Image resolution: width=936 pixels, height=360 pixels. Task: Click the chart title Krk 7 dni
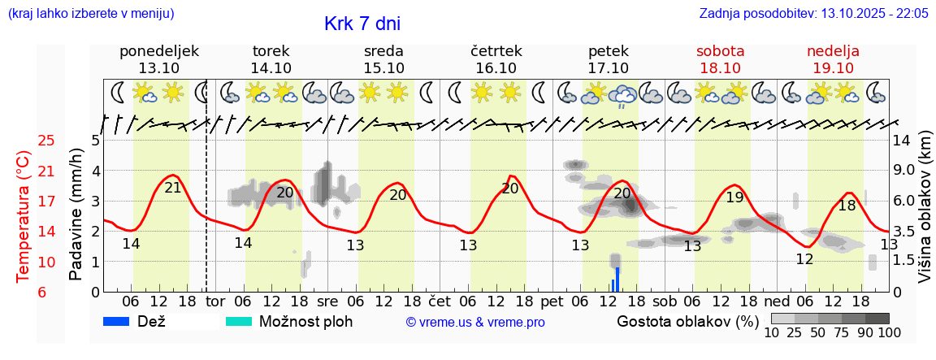click(362, 24)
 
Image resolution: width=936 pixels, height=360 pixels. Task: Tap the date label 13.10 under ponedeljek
click(158, 68)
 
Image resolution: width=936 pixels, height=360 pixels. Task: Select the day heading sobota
click(721, 51)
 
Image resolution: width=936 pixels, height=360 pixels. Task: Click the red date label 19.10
click(833, 68)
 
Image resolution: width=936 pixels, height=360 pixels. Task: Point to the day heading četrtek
click(496, 51)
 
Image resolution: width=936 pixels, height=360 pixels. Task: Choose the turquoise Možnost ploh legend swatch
click(239, 321)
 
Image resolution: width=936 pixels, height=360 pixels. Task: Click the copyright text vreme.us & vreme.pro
click(475, 323)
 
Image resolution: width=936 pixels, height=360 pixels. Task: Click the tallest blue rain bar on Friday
click(617, 279)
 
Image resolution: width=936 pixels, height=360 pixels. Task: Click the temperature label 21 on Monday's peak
click(172, 188)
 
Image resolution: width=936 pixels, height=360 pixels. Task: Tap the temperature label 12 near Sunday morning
click(804, 259)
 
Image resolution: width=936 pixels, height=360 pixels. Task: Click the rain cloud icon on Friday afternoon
click(623, 94)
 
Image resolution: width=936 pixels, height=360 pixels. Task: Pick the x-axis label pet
click(552, 301)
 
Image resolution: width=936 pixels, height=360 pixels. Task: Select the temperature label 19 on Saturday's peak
click(734, 197)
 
